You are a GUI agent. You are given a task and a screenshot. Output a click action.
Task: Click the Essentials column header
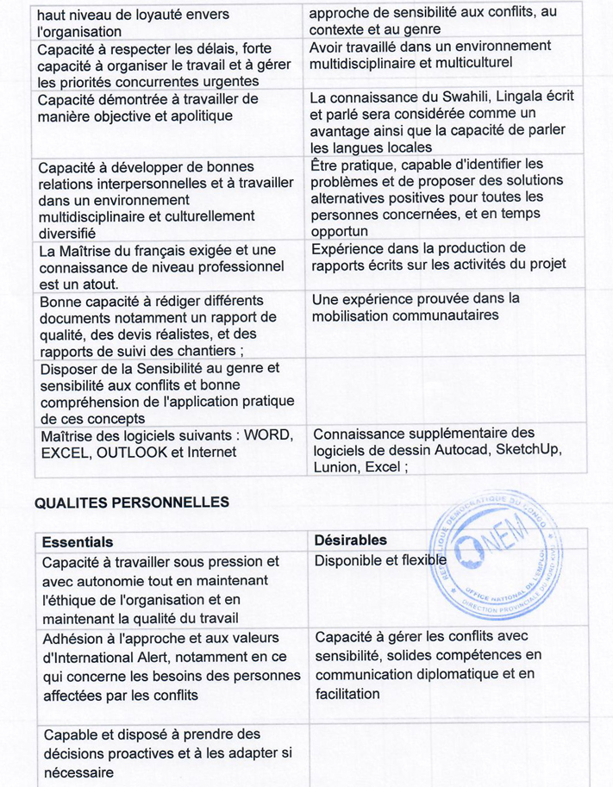[77, 541]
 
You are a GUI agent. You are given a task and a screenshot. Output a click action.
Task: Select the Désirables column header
[350, 540]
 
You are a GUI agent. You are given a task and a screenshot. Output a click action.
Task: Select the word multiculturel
[466, 62]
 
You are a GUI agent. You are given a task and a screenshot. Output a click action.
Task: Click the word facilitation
[347, 693]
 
